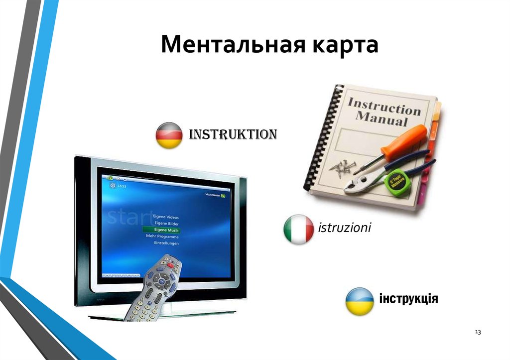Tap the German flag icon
[169, 135]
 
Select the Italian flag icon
[298, 230]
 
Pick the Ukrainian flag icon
[360, 301]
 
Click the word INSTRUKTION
[232, 134]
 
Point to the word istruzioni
[344, 229]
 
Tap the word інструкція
[408, 299]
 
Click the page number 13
[478, 332]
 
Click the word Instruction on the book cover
[383, 106]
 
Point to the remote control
[154, 289]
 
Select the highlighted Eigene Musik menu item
[161, 230]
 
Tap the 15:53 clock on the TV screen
[122, 186]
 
